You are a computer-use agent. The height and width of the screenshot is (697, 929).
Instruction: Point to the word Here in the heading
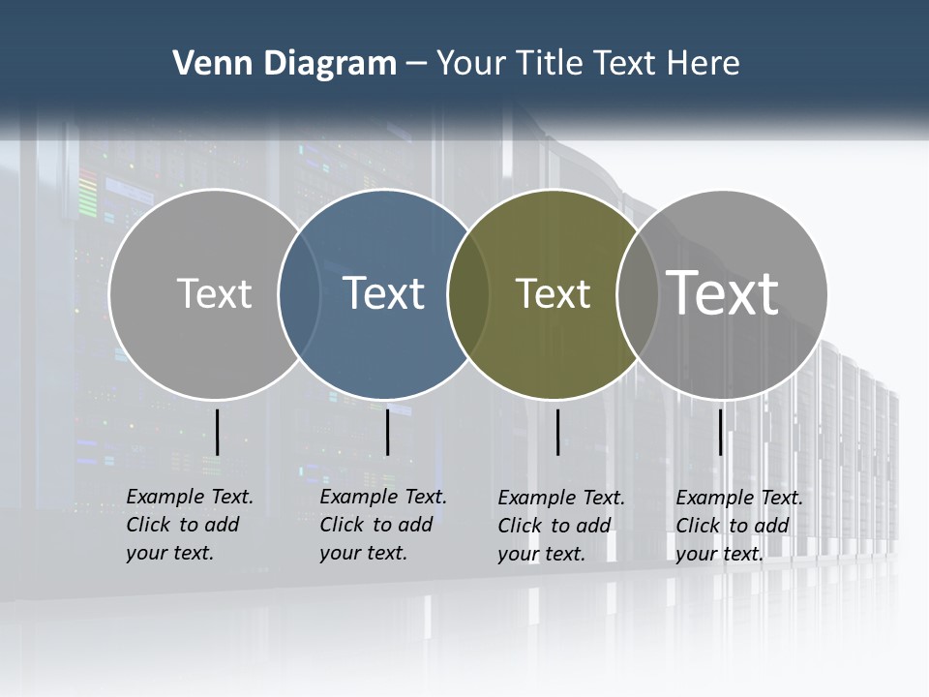704,64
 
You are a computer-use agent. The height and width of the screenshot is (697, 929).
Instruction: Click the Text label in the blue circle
383,293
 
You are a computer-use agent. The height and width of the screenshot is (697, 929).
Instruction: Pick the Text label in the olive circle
553,293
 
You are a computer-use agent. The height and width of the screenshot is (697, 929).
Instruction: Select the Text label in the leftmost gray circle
214,293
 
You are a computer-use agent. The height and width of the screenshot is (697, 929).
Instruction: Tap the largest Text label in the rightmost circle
723,292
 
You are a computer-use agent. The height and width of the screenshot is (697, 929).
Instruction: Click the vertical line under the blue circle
387,432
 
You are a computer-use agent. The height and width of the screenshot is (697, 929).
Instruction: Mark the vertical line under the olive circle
557,432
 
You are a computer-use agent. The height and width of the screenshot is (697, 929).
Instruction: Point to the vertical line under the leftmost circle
217,432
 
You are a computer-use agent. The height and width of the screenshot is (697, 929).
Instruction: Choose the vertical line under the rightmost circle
720,432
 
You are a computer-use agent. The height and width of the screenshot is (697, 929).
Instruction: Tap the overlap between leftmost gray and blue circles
299,293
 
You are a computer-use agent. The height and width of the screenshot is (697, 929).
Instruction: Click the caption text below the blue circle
382,525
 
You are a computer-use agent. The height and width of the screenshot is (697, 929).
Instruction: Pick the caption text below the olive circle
560,526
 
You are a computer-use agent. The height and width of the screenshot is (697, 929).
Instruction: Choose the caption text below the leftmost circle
189,525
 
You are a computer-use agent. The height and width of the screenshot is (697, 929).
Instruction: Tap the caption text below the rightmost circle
738,526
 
